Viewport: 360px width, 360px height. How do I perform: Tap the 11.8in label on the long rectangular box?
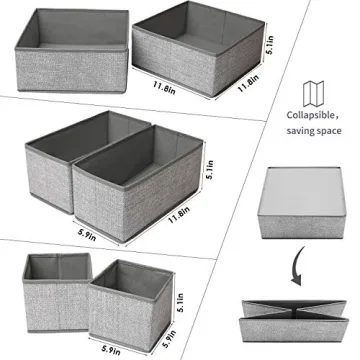point(181,214)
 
